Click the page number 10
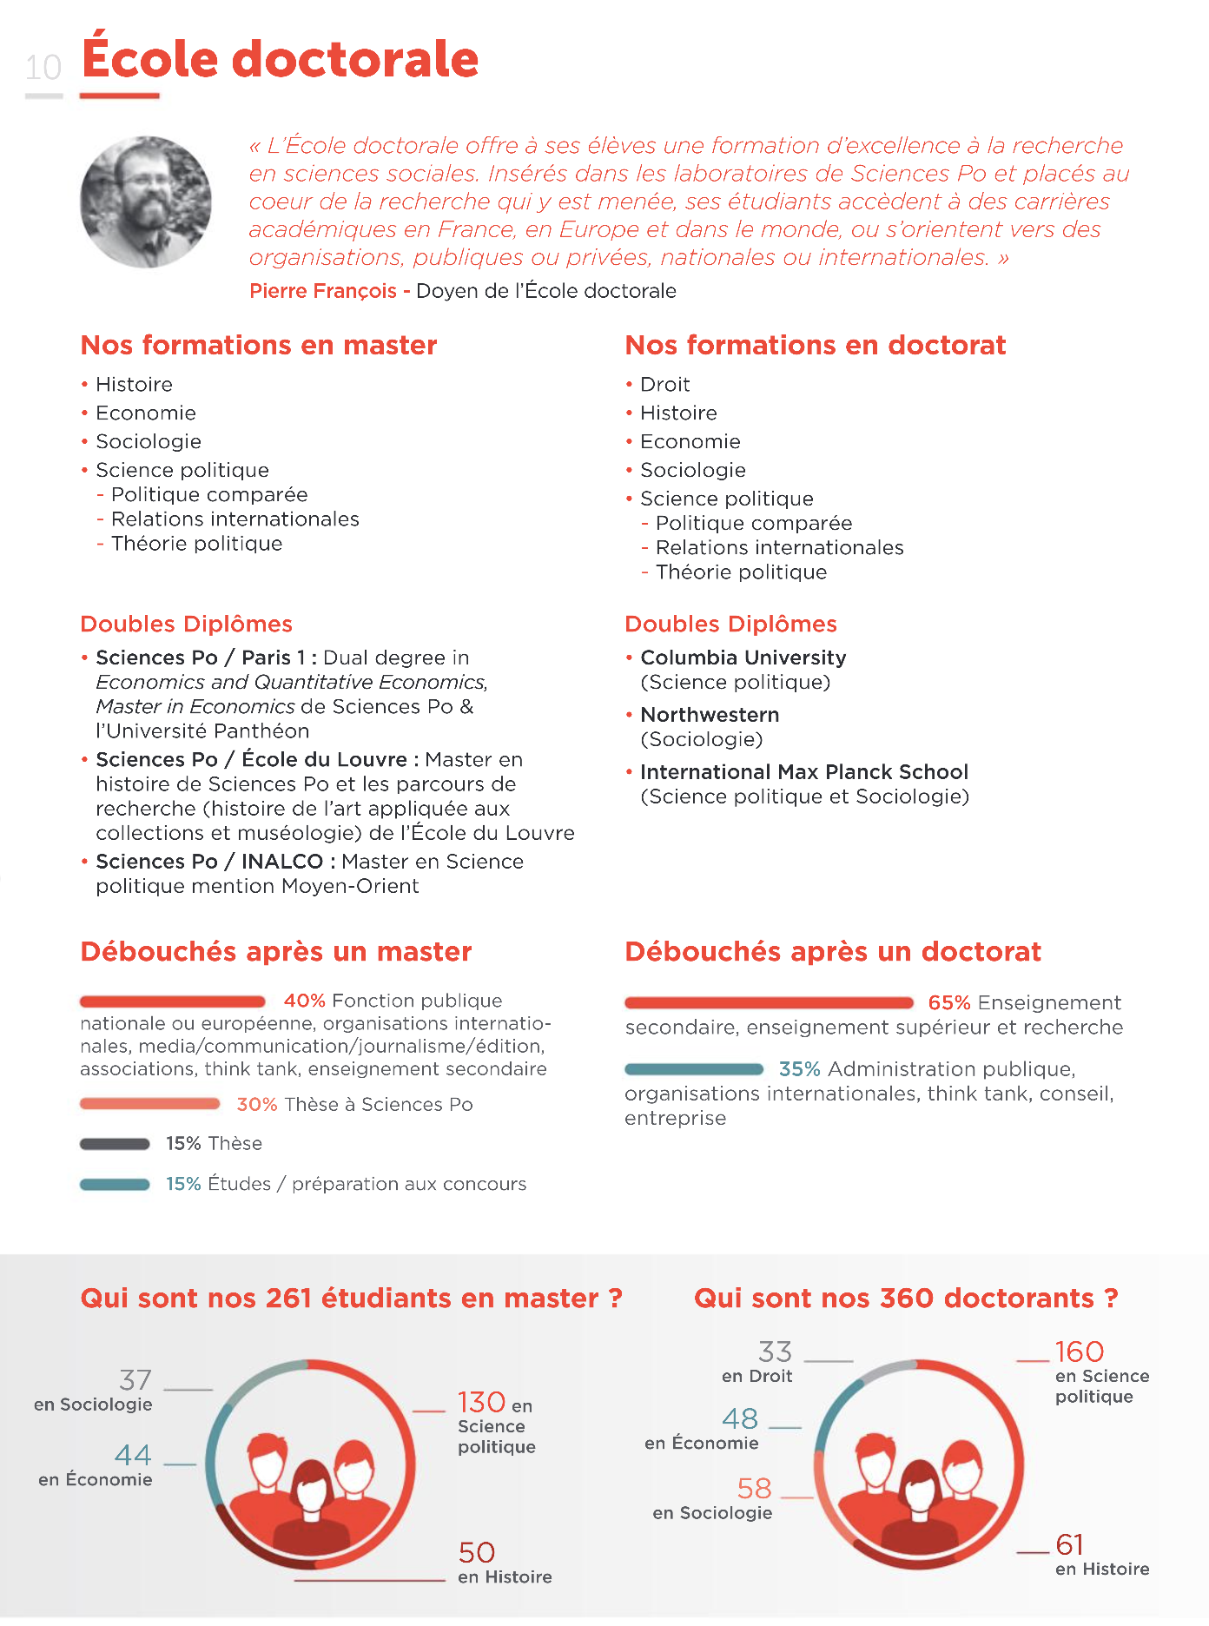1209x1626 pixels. pos(43,68)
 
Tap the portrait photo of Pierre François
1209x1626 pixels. pos(146,202)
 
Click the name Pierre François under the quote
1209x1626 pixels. pos(322,291)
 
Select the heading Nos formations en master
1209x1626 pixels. pos(259,346)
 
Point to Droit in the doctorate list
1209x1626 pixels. pos(664,385)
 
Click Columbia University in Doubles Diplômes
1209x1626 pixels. pos(743,658)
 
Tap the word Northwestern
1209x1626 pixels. pos(710,715)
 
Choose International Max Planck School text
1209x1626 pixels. pos(803,772)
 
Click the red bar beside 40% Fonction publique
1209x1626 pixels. pos(172,1001)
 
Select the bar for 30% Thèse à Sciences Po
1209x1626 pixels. pos(149,1104)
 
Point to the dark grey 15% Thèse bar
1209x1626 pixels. pos(115,1144)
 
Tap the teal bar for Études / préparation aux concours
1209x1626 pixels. pos(115,1184)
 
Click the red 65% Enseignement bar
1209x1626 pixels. pos(769,1003)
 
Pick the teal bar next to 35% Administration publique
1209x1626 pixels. pos(694,1069)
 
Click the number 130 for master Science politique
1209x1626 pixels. pos(481,1402)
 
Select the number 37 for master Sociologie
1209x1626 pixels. pos(135,1380)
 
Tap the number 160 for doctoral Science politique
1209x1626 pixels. pos(1079,1352)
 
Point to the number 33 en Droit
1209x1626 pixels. pos(775,1352)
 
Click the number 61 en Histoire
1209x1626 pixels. pos(1069,1544)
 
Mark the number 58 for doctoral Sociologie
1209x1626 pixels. pos(754,1488)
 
